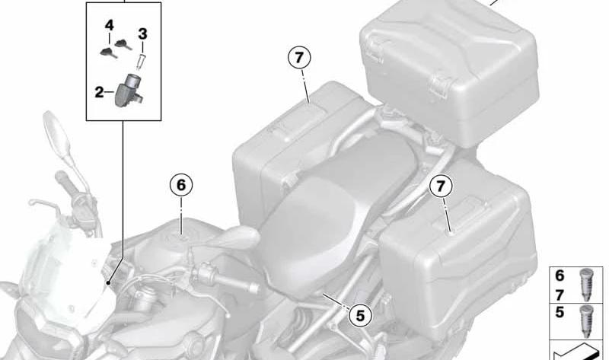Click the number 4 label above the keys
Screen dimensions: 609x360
[x=109, y=26]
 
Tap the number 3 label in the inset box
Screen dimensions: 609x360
[x=142, y=33]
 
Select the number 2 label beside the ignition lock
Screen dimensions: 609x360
[x=100, y=92]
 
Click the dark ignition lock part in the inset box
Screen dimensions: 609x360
[x=128, y=90]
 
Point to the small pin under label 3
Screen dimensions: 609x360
[x=142, y=61]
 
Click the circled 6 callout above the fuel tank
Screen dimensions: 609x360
[x=181, y=185]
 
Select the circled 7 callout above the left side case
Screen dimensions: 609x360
[x=298, y=58]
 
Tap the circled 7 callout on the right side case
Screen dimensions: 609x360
[x=441, y=186]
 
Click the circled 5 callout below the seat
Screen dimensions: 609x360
[x=360, y=315]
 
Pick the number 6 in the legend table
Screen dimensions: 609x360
[x=560, y=276]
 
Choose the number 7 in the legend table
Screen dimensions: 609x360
[x=560, y=296]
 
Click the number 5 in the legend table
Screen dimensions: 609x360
[x=560, y=313]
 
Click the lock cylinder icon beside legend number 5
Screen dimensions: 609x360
[x=585, y=320]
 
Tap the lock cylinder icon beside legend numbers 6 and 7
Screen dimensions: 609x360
[x=585, y=285]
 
